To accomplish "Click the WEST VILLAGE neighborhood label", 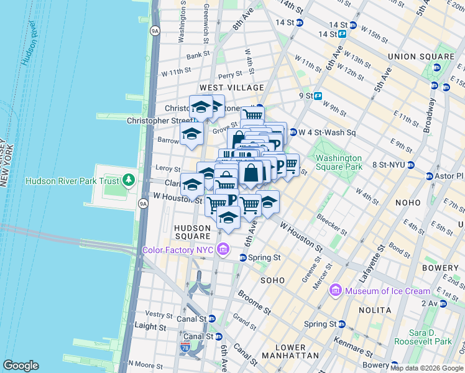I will (x=231, y=88).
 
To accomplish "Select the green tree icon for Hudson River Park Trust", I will (x=129, y=181).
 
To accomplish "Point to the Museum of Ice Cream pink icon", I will (x=336, y=290).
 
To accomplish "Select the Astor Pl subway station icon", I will (x=430, y=177).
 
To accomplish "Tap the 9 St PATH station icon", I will (x=318, y=96).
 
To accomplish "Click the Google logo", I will (x=21, y=366).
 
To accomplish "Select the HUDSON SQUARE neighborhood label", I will (x=197, y=228).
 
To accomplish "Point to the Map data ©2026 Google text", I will (x=426, y=368).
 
